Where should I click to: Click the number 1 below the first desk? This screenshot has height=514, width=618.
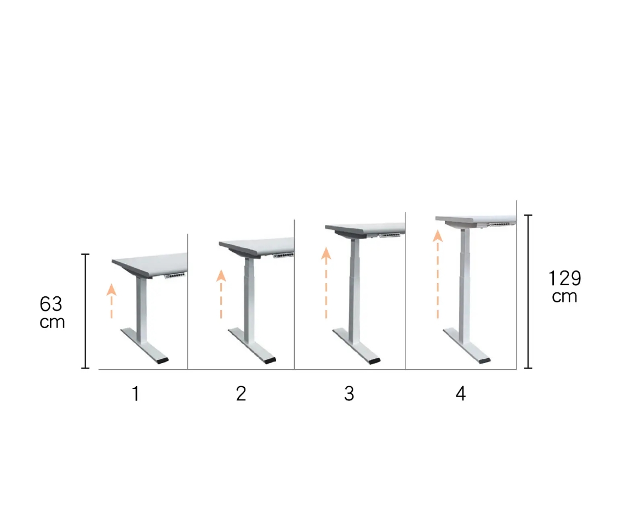[x=135, y=394]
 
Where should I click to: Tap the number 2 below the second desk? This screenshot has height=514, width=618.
[x=241, y=394]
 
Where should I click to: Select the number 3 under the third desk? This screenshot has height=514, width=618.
[x=349, y=394]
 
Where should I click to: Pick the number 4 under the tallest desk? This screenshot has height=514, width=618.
[x=461, y=394]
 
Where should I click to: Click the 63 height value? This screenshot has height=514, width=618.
[x=51, y=304]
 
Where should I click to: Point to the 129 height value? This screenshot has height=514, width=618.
[x=565, y=278]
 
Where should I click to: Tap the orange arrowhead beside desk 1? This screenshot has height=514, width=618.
[x=112, y=290]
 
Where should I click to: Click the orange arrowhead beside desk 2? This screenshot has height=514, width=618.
[x=221, y=275]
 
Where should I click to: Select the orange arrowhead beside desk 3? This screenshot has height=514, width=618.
[x=326, y=253]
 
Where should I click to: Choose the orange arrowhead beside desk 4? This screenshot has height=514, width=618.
[x=438, y=236]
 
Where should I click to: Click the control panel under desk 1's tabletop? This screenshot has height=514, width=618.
[x=175, y=275]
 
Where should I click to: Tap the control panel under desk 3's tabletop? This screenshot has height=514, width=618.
[x=390, y=235]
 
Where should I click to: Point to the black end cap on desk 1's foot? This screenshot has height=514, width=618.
[x=162, y=360]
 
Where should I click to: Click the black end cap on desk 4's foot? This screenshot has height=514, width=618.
[x=484, y=360]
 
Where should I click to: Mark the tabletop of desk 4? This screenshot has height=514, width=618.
[x=476, y=219]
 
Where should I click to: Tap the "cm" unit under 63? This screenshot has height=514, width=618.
[x=52, y=322]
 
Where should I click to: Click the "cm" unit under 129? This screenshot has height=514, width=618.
[x=564, y=296]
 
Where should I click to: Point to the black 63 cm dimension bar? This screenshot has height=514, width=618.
[x=85, y=311]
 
